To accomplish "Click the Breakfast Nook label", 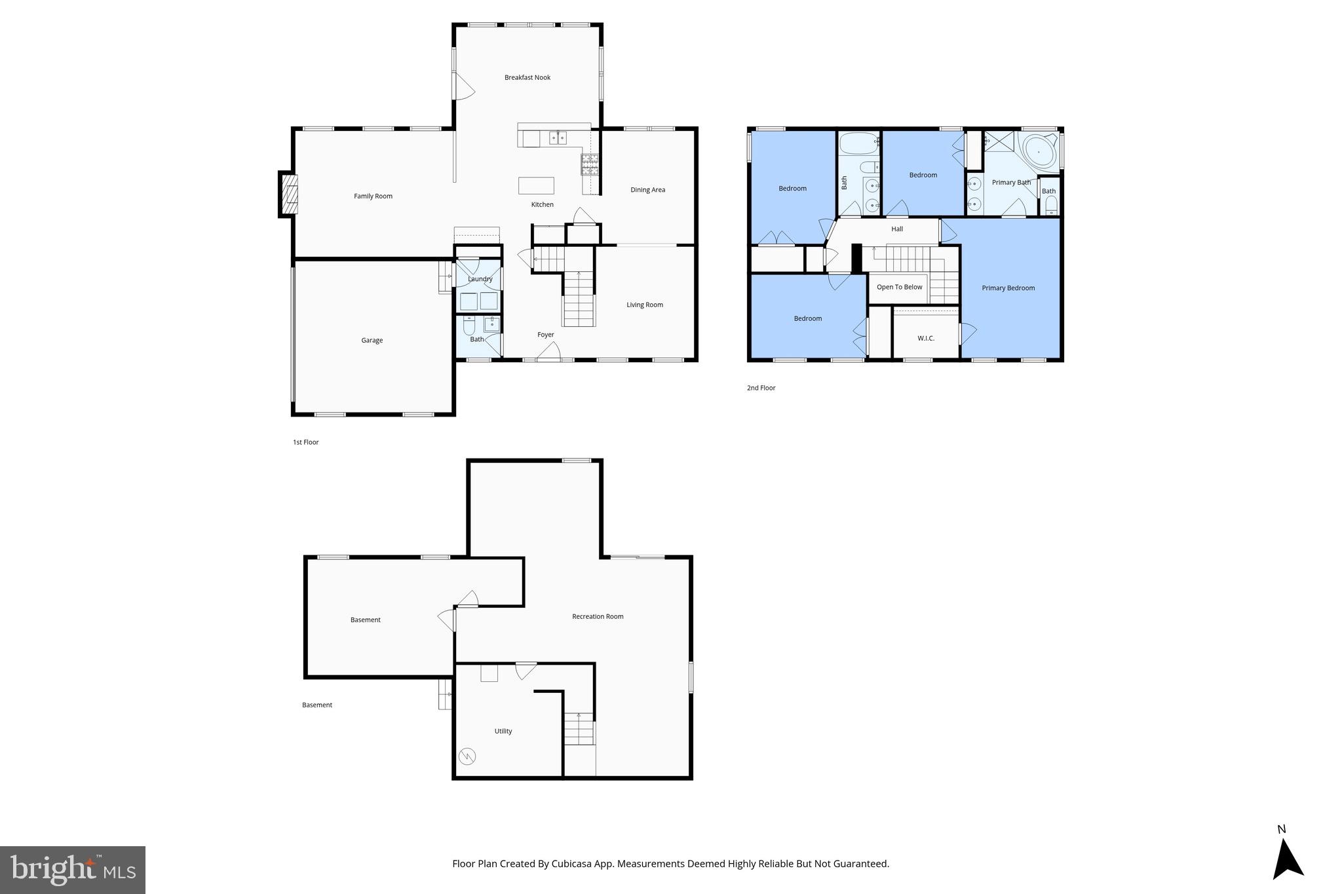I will coord(527,77).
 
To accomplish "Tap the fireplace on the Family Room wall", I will coord(289,195).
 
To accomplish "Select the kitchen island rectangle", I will coord(536,185).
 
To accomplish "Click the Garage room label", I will coord(372,340).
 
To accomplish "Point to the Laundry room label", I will coord(480,279).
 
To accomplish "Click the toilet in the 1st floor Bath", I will coord(469,326).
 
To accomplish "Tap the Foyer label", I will coord(545,335).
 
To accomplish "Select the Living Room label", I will coord(644,305).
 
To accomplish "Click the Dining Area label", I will coord(647,190).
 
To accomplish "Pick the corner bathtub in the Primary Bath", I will coord(1039,152).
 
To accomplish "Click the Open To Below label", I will coord(899,287).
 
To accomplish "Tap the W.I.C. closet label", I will coord(925,338).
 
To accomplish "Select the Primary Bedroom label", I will coord(1008,288).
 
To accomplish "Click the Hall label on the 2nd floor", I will coord(896,229).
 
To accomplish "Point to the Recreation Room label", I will coord(597,616).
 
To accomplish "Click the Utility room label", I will coord(503,731).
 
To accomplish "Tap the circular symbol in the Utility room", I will coord(467,756).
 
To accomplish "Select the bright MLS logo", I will coord(73,870).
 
